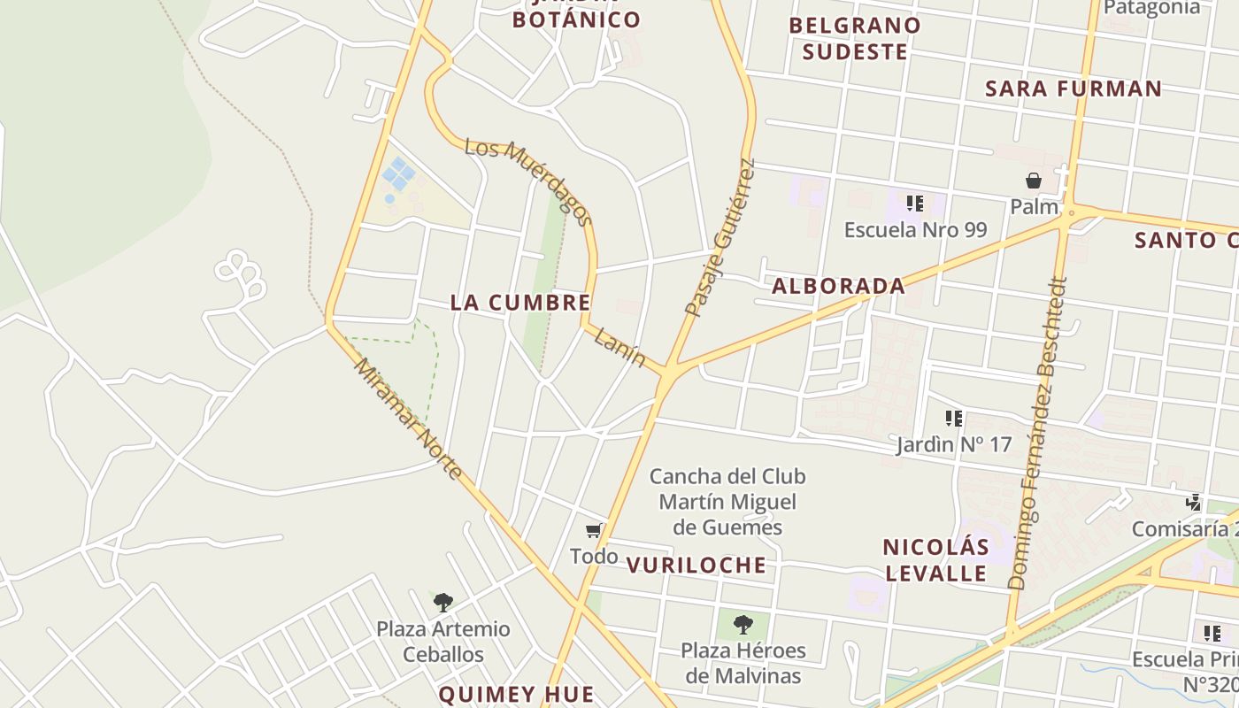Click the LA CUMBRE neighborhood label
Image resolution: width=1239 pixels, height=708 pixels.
point(520,303)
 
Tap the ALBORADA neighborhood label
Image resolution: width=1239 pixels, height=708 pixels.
point(838,286)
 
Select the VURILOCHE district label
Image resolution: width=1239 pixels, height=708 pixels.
point(696,566)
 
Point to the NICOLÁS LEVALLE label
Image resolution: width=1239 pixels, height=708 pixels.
point(935,559)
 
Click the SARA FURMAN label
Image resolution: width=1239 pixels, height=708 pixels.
point(1073,88)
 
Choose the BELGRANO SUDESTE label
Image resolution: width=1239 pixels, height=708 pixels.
point(855,38)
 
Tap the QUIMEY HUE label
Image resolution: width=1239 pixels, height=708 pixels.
point(516,694)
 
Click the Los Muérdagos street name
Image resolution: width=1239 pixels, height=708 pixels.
point(528,182)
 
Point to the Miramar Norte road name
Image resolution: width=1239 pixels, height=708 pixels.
point(408,419)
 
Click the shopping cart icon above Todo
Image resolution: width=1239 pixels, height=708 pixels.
point(594,531)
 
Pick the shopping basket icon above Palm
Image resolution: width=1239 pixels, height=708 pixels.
point(1034,181)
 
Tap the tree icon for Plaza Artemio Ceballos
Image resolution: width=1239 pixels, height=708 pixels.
point(443,603)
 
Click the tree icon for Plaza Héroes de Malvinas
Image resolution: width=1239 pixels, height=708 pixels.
point(743,624)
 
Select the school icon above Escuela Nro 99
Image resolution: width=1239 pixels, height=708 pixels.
point(915,204)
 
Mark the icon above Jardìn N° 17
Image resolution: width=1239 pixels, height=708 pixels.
point(953,418)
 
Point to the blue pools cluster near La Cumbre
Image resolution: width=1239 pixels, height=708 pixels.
point(397,174)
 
